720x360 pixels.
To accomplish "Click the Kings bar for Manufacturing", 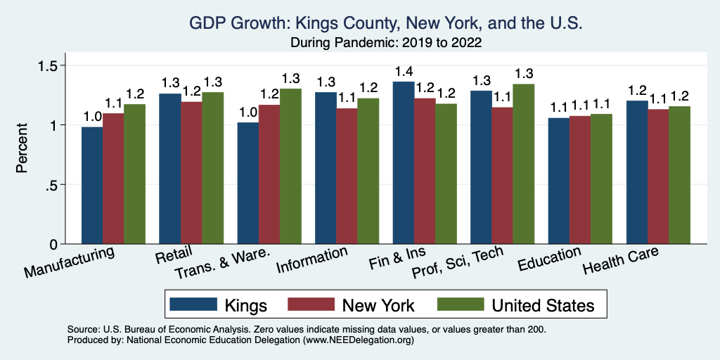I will click(x=92, y=186).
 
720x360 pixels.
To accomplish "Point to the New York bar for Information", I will click(x=347, y=176).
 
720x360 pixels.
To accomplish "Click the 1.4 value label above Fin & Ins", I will click(x=404, y=72).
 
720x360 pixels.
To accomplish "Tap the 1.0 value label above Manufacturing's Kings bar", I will click(x=92, y=115).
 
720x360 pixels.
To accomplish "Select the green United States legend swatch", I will click(x=459, y=304).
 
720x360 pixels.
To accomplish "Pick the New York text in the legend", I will click(x=378, y=305).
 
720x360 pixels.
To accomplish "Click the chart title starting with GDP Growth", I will click(x=386, y=23).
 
